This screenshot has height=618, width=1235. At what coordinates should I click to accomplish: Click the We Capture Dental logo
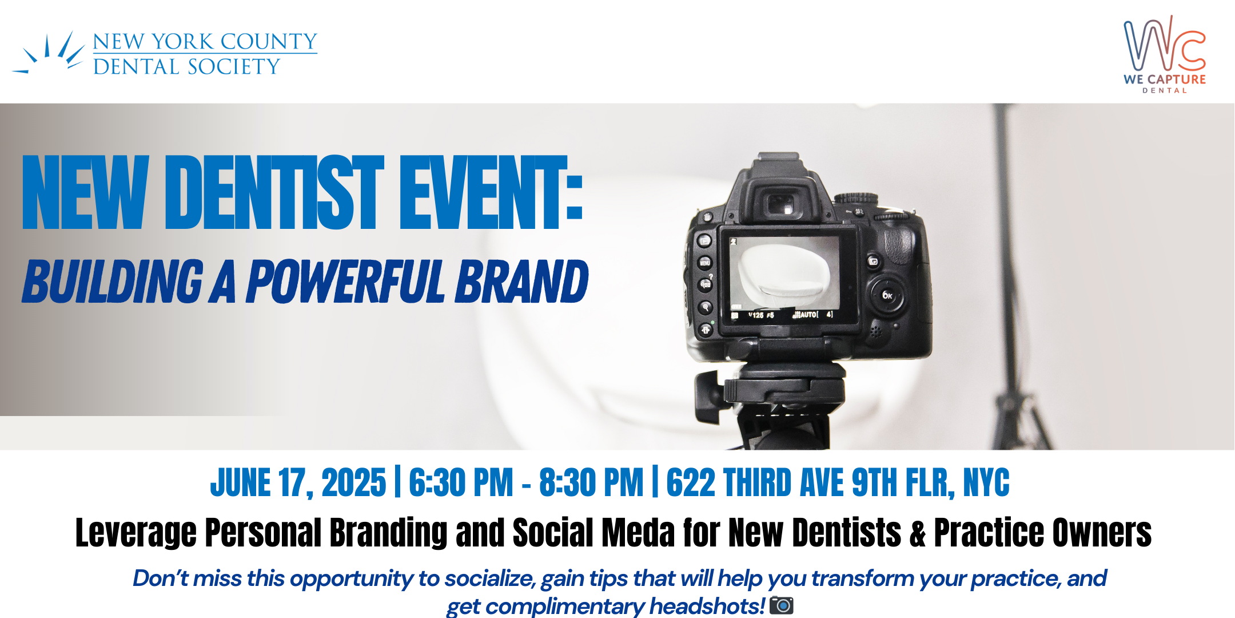(x=1165, y=54)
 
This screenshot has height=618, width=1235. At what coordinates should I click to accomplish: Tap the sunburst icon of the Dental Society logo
(x=49, y=53)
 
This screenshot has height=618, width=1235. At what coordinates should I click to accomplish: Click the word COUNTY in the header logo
(x=269, y=41)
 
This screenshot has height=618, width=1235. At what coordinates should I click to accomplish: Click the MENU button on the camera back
(x=705, y=263)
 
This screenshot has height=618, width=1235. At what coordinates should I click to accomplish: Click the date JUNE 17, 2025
(x=298, y=482)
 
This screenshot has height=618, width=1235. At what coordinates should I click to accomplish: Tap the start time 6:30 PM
(x=461, y=482)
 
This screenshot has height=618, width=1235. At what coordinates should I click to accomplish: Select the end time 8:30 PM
(x=591, y=482)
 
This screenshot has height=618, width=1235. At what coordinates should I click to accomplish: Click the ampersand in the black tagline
(x=918, y=533)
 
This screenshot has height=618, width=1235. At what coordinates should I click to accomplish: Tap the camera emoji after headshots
(x=782, y=605)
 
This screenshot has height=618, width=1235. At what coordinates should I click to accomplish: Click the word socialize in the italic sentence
(x=490, y=579)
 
